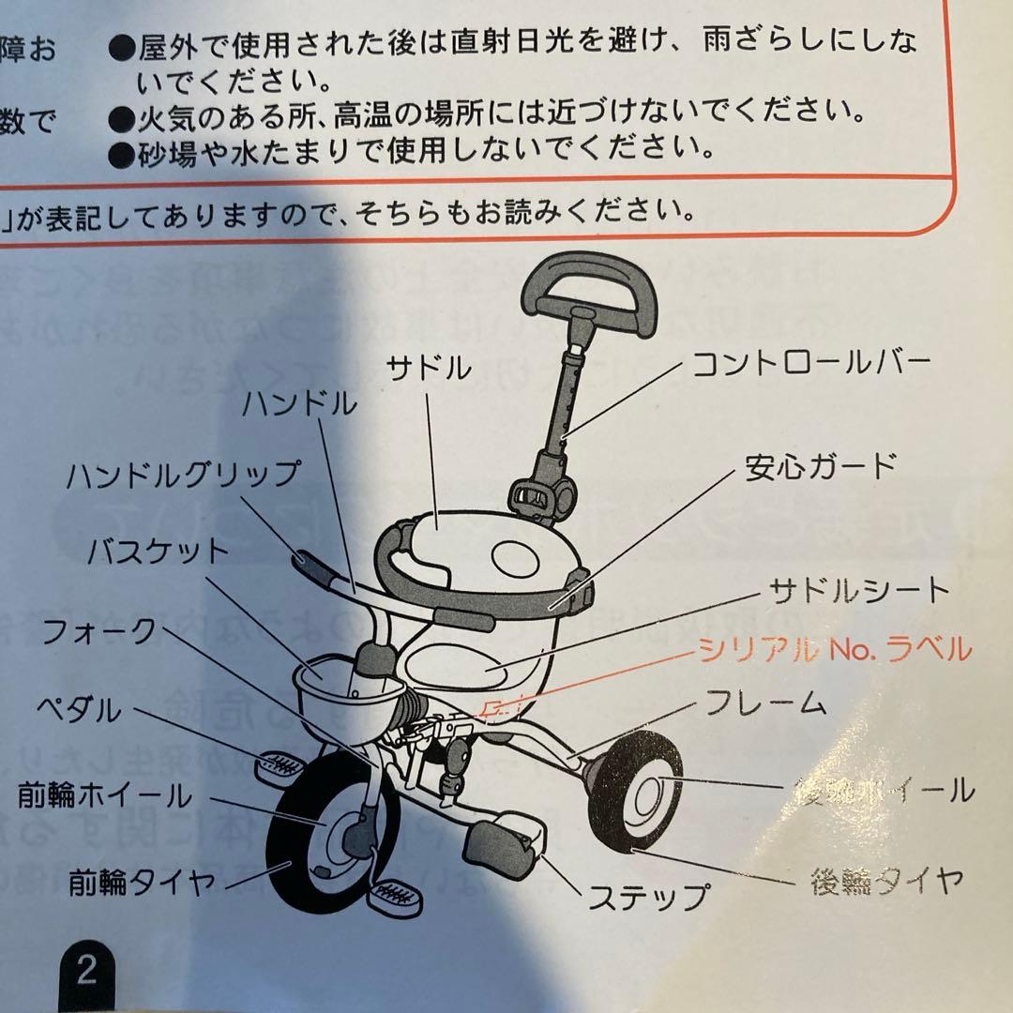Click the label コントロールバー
(x=812, y=363)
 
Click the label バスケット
(x=158, y=552)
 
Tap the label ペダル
(x=79, y=711)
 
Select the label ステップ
(x=647, y=897)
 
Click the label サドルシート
(x=860, y=591)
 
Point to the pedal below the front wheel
(x=395, y=898)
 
